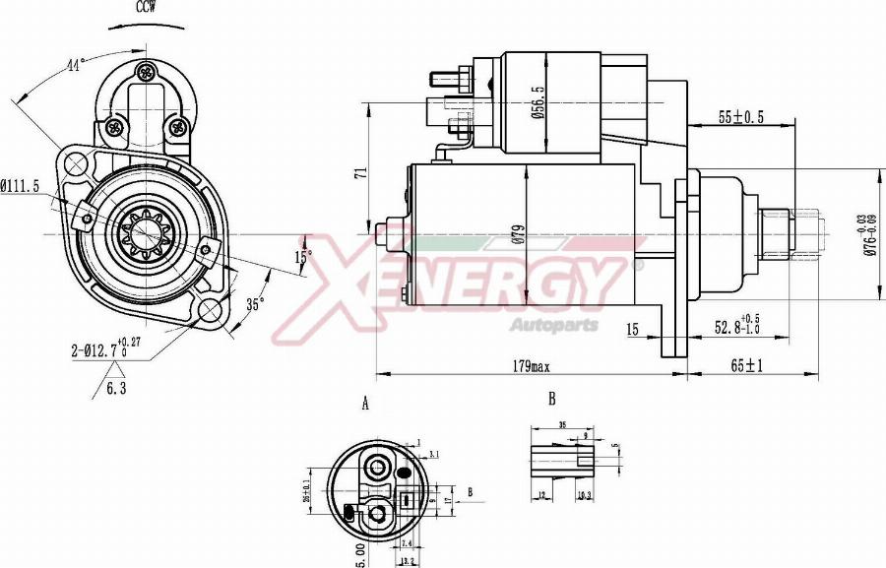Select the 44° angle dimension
(75, 65)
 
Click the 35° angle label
(255, 304)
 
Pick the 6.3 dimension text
(117, 388)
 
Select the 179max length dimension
(531, 366)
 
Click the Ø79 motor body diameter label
(539, 236)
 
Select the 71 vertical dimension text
(361, 172)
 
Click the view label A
(365, 404)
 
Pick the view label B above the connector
(551, 399)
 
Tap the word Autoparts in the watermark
(553, 325)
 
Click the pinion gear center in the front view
(145, 234)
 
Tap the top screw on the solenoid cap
(147, 71)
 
